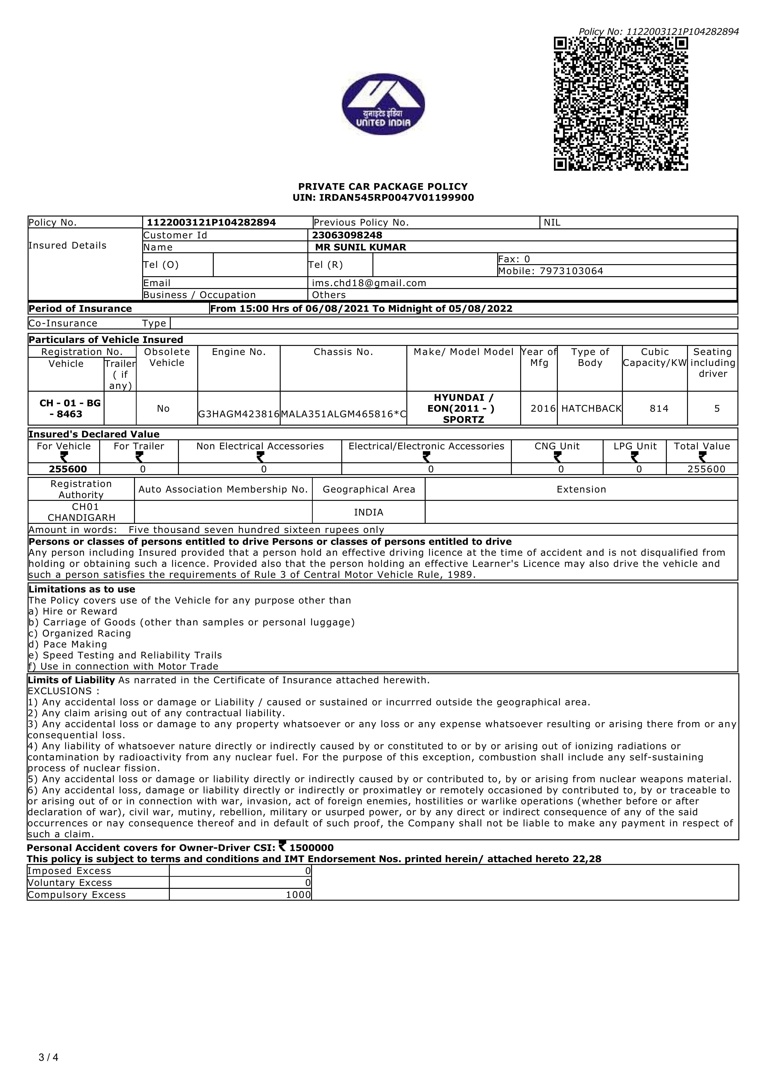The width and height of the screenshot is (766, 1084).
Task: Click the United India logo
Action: [383, 104]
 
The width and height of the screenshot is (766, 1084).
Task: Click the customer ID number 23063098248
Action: [347, 235]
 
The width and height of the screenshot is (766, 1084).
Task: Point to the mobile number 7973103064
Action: [571, 271]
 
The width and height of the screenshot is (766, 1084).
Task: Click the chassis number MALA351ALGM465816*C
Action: [343, 414]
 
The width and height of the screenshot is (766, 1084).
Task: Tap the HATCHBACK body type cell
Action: [591, 408]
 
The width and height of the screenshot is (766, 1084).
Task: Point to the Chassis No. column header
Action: [343, 352]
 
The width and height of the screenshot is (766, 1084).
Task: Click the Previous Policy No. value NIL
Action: [552, 222]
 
